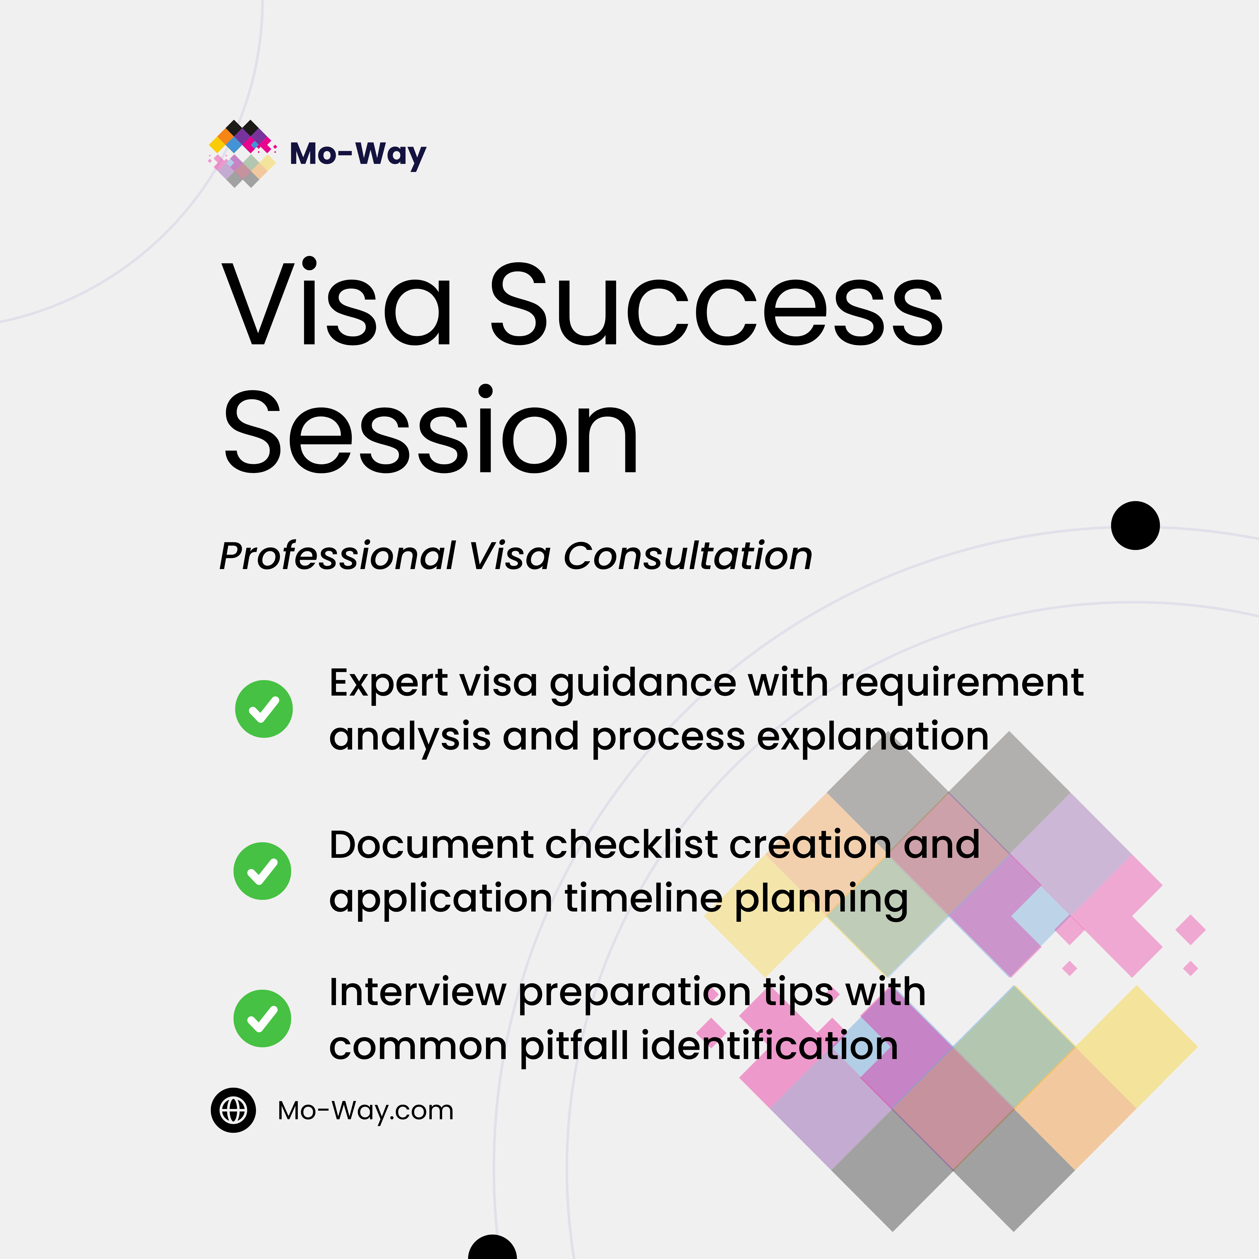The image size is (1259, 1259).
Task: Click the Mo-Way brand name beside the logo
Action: pos(358,154)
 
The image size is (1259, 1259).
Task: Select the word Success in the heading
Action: pos(716,305)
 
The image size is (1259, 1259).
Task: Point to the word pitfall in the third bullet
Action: pos(575,1047)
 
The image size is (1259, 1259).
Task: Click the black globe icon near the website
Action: pos(233,1110)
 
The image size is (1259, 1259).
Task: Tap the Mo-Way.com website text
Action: pos(365,1110)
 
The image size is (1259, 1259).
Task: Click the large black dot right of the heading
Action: pos(1135,525)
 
